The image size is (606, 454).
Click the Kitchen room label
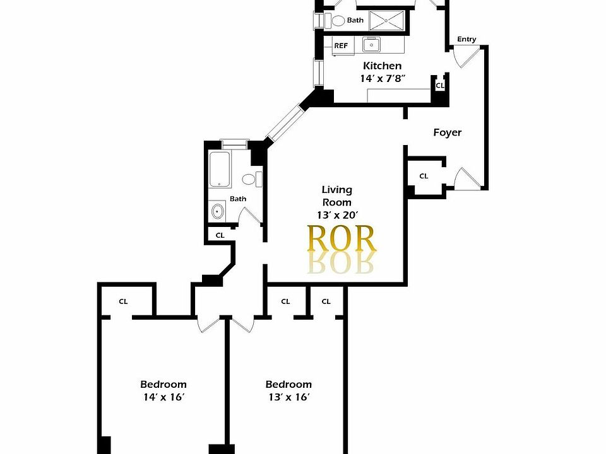[382, 66]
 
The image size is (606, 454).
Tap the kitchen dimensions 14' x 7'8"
[382, 79]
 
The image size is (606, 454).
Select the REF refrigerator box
[341, 45]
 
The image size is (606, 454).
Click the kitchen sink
[371, 45]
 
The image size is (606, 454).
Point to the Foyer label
[447, 132]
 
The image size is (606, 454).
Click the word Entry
[466, 39]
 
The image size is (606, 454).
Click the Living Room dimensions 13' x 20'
[336, 215]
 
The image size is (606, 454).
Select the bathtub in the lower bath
[220, 169]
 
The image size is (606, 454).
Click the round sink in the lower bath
[218, 211]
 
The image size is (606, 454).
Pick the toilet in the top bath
[338, 21]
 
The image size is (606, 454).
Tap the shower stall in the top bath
[385, 20]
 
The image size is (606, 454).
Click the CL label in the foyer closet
[424, 176]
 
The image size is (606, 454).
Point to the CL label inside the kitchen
[439, 84]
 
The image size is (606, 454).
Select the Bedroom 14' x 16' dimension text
[163, 397]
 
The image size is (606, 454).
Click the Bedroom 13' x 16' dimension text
[288, 397]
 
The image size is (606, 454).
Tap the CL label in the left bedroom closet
[123, 301]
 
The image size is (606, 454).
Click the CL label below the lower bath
[220, 235]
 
